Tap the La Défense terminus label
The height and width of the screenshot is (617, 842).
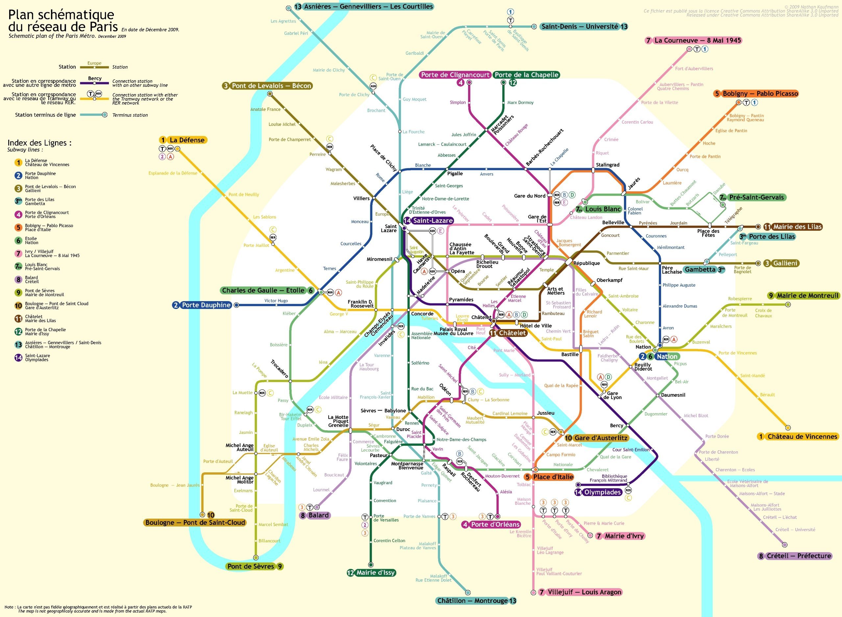coord(187,140)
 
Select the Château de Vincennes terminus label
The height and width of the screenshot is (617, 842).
coord(802,437)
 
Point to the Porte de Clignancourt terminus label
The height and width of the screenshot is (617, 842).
coord(455,75)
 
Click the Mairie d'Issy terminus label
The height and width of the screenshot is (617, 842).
coord(375,573)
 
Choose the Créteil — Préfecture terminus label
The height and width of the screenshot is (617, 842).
coord(799,556)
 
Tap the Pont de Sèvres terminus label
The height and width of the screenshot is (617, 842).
coord(251,566)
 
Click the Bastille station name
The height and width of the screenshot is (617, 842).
coord(570,354)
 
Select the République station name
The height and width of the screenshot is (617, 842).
coord(586,263)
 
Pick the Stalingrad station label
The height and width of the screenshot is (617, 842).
coord(608,165)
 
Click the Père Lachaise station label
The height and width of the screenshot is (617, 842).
coord(672,270)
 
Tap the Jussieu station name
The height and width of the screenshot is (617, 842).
coord(546,413)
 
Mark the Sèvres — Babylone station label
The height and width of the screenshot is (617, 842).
coord(383,411)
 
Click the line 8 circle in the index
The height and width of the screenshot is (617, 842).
coord(18,279)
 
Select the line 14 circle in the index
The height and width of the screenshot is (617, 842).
coord(18,357)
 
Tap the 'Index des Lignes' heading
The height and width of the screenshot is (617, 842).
coord(39,143)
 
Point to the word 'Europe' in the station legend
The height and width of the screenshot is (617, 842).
coord(94,63)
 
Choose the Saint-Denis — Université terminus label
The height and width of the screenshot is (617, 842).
coord(580,27)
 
